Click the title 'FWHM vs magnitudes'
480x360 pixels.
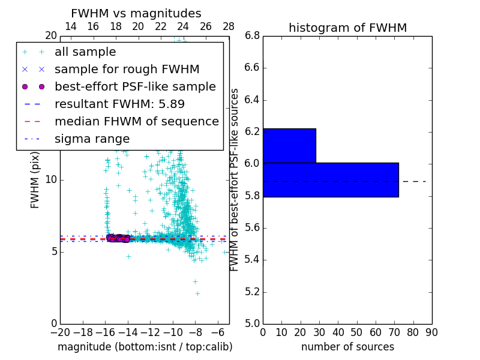[x=136, y=14]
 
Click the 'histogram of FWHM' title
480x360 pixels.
[x=347, y=28]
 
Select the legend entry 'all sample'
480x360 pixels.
[x=85, y=52]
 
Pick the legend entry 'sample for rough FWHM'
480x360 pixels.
[x=127, y=70]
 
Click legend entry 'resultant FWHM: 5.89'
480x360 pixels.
[x=119, y=104]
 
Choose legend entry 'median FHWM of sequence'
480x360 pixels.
[x=136, y=122]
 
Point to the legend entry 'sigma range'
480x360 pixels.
[x=92, y=139]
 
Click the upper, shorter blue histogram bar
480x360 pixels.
[x=289, y=146]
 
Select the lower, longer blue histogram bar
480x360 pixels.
[x=331, y=179]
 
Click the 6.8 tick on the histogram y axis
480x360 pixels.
[x=251, y=35]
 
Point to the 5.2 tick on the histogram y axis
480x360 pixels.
[x=251, y=292]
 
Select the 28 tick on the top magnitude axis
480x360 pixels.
[x=229, y=26]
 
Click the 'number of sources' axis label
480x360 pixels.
[x=347, y=347]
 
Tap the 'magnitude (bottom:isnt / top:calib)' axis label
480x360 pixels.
[x=145, y=347]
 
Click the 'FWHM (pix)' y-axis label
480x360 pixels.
[x=35, y=179]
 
